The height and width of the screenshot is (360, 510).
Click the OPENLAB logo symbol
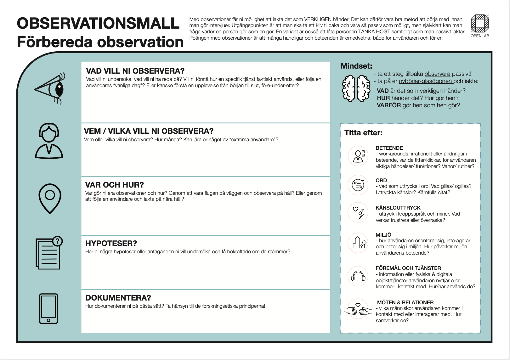[480, 23]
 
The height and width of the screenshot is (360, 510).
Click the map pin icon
[50, 198]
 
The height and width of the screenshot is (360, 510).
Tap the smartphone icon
[48, 308]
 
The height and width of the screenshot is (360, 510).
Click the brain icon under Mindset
[356, 88]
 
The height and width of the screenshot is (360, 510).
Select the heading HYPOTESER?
[111, 243]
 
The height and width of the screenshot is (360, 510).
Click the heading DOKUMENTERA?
[118, 298]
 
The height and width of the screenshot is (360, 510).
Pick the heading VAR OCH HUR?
[115, 185]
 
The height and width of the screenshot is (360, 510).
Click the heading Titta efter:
[363, 133]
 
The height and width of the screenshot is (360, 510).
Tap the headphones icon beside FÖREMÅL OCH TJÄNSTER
[358, 276]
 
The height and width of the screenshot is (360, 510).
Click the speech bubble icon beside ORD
[358, 185]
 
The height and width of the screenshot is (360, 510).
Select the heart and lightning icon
[358, 212]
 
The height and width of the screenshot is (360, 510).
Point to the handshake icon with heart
[358, 309]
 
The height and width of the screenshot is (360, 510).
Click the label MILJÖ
[383, 235]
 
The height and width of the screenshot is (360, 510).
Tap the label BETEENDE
[389, 148]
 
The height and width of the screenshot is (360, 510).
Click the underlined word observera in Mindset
[437, 74]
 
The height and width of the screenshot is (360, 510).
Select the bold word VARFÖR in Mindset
[389, 105]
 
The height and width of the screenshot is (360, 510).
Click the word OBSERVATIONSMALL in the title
[98, 23]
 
